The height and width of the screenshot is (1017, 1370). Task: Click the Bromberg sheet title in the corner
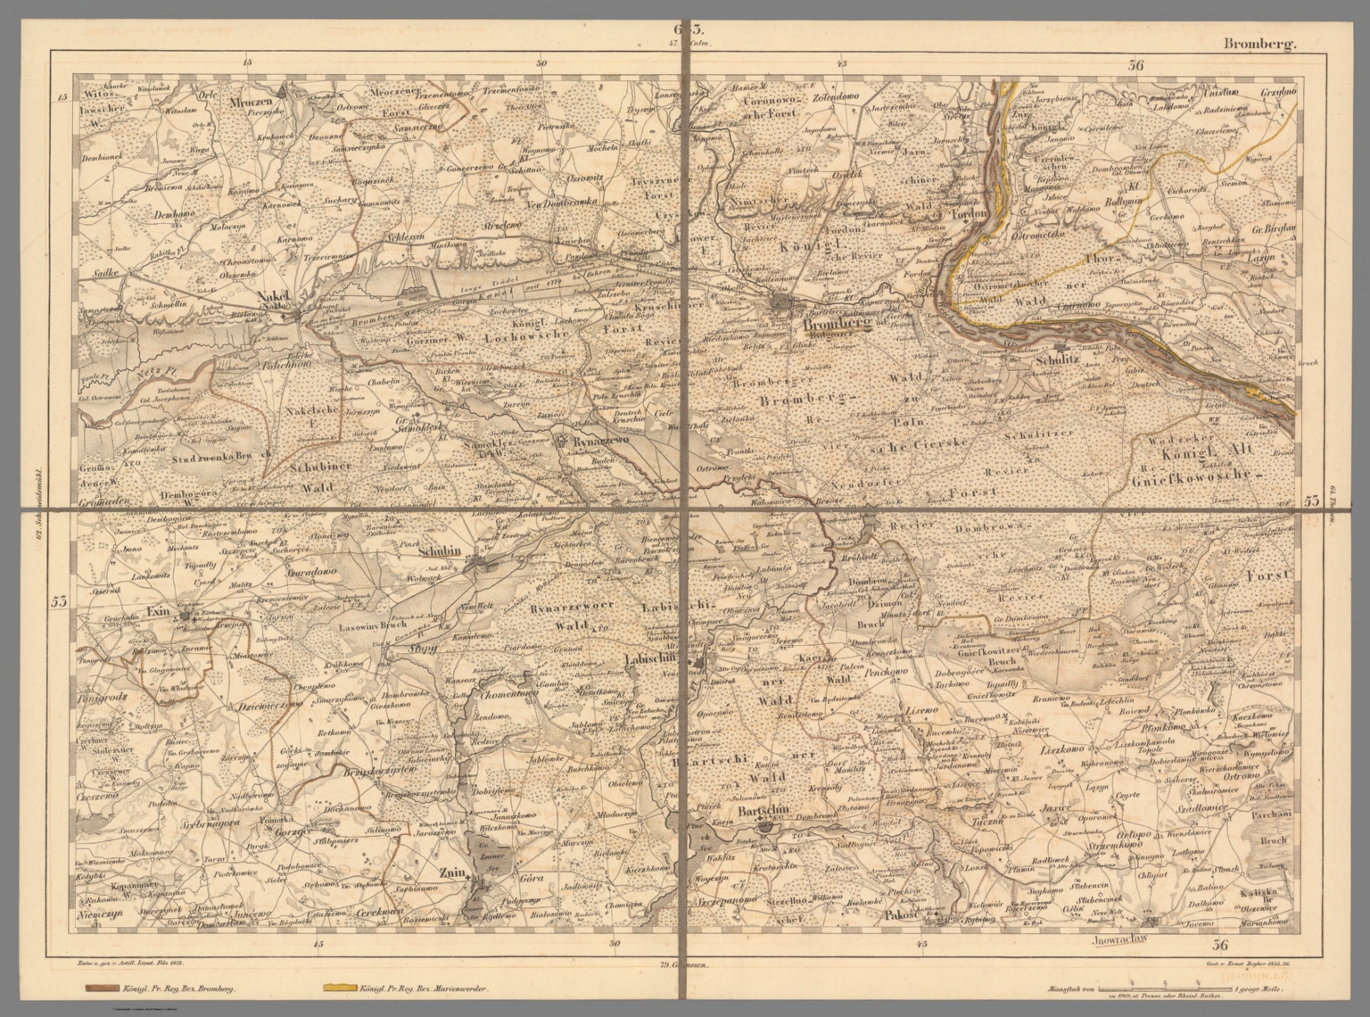pyautogui.click(x=1258, y=43)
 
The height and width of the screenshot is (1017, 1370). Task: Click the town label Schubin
pyautogui.click(x=440, y=550)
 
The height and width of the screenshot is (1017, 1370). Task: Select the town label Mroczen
pyautogui.click(x=253, y=91)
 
